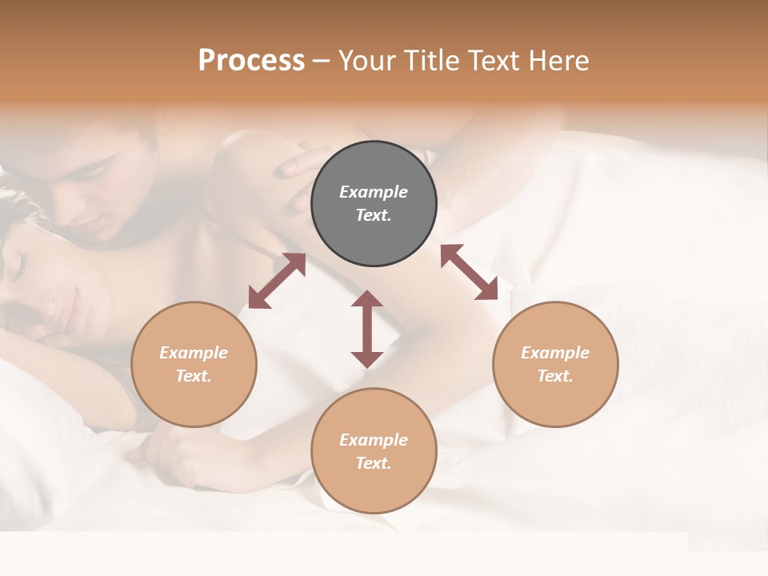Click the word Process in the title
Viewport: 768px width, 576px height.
(251, 61)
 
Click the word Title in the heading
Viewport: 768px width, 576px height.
(430, 61)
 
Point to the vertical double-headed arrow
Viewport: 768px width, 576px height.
(367, 329)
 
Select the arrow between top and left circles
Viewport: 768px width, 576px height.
(277, 281)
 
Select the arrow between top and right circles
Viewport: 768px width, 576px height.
(469, 272)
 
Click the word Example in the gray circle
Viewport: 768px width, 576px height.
(374, 192)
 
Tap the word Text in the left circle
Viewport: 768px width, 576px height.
(194, 376)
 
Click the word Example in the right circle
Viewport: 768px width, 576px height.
(555, 353)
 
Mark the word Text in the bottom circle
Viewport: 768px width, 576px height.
(374, 463)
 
